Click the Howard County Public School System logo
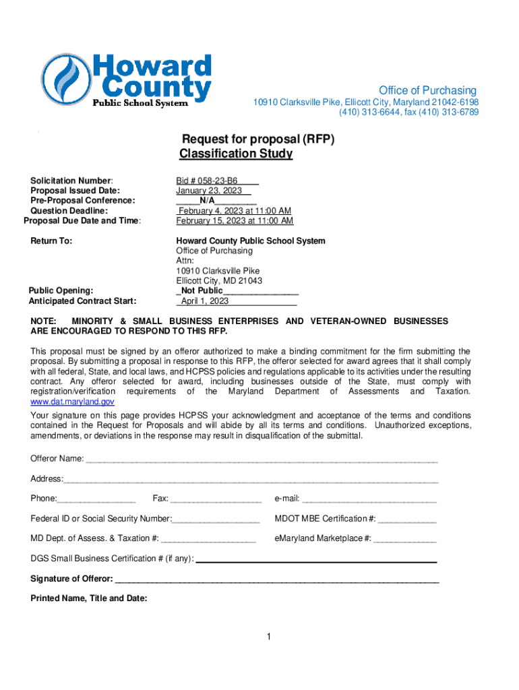coord(126,81)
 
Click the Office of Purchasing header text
coord(427,90)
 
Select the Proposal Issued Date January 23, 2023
coord(209,191)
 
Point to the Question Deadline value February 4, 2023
coord(235,211)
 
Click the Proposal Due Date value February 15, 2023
coord(235,221)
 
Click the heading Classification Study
coord(236,154)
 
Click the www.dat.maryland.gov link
coord(72,401)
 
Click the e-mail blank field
coord(369,499)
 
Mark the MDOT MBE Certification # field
coord(406,519)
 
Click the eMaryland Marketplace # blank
coord(404,538)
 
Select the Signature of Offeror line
coord(277,579)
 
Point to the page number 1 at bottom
coord(268,637)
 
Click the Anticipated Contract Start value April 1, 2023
coord(205,301)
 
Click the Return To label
coord(51,241)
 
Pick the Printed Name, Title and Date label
coord(88,598)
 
